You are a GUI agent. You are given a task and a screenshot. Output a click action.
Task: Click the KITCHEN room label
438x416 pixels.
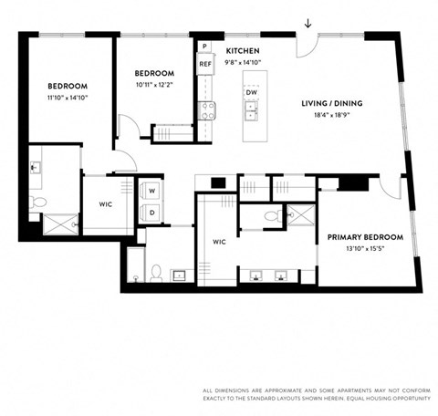(244, 50)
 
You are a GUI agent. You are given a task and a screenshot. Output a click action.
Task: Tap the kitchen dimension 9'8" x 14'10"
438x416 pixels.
(244, 63)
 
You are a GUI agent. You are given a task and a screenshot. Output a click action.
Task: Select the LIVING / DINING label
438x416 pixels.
(332, 103)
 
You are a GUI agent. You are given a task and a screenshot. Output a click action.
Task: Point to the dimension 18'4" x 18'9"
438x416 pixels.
(332, 116)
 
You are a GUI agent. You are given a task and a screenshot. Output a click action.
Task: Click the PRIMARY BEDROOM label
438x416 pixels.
(362, 235)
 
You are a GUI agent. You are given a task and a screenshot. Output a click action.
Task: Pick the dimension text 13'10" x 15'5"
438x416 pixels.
(362, 248)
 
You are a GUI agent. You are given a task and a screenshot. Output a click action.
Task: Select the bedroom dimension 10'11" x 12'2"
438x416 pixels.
(154, 85)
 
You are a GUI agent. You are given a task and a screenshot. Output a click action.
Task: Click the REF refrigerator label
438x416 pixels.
(205, 65)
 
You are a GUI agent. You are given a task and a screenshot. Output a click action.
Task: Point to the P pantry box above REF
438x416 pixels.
(205, 47)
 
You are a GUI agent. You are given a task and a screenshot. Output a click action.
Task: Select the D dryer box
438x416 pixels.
(151, 213)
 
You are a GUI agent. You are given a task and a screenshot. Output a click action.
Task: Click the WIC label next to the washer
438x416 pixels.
(106, 204)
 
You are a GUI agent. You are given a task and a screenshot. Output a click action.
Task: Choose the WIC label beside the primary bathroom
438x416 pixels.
(218, 242)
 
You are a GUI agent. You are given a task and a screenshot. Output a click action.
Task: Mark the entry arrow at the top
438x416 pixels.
(308, 24)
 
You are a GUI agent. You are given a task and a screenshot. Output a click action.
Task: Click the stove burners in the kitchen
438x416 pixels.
(207, 110)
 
